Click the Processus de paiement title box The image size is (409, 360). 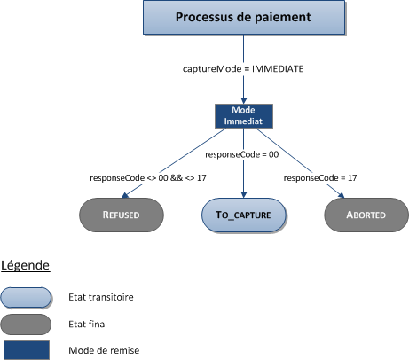[242, 18]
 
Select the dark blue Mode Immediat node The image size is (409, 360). [242, 116]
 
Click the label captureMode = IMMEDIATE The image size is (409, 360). [242, 68]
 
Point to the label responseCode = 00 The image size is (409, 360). [242, 154]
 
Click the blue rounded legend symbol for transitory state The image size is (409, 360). [28, 296]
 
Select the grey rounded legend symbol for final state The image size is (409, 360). [28, 323]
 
